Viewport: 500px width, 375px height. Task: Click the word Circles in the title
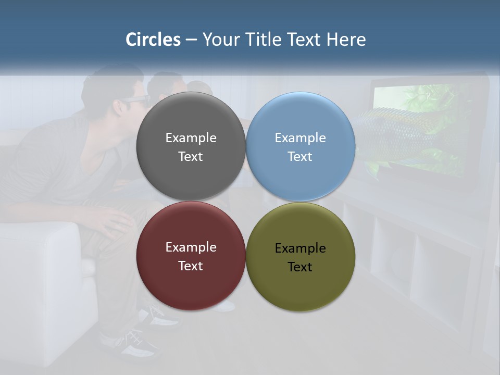pos(153,40)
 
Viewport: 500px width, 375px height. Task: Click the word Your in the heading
pos(219,40)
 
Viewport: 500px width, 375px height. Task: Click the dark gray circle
pos(191,120)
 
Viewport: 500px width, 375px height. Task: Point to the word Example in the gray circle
pos(191,138)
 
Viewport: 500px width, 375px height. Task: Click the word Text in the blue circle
pos(300,157)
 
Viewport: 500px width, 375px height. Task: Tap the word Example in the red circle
pos(191,247)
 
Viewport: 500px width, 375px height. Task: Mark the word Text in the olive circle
pos(300,267)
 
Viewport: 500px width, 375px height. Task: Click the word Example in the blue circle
pos(300,138)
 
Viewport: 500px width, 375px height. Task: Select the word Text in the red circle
pos(191,266)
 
